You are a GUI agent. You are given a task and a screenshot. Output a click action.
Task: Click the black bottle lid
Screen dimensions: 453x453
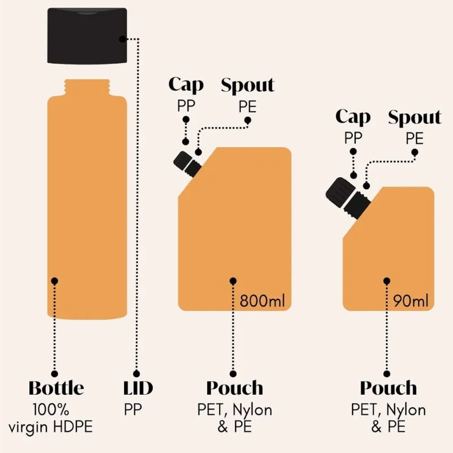87,36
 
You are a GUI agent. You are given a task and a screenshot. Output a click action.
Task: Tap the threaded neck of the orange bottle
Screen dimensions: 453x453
87,88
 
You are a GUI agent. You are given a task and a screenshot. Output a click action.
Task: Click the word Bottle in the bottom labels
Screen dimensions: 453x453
56,388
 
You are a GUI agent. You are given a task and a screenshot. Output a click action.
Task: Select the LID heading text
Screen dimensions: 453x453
138,388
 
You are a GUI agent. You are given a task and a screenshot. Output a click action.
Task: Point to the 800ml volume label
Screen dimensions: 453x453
262,301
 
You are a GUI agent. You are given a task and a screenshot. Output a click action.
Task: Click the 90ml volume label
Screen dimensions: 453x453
411,301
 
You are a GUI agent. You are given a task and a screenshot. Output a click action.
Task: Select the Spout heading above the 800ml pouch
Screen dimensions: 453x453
247,85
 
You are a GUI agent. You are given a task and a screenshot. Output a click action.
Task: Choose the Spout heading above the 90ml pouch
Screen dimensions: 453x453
414,117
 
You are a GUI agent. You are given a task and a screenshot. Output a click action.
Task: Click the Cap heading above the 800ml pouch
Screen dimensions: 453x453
186,86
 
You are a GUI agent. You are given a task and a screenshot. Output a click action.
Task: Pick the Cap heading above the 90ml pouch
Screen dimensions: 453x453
353,117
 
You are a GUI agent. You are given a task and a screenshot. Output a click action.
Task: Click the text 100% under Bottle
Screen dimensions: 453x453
51,409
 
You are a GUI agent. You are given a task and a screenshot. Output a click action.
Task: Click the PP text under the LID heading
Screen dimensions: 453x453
133,409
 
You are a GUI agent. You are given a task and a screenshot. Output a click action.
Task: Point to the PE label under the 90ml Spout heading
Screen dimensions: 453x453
414,138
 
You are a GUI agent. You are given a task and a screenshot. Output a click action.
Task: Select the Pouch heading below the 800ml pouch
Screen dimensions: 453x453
234,388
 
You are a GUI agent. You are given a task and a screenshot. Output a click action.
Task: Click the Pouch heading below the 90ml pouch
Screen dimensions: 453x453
388,388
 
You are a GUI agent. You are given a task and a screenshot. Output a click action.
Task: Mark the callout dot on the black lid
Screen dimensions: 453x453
123,39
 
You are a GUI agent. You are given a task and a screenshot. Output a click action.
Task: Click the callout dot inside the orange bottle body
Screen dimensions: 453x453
54,281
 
